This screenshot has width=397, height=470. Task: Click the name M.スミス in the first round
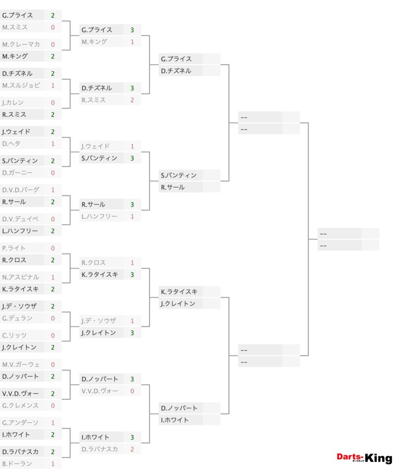pos(15,27)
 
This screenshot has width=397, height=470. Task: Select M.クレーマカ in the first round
pos(21,45)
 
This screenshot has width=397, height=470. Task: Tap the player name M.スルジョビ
pos(21,85)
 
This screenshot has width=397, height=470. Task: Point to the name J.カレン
pos(12,102)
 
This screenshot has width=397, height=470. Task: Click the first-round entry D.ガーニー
pos(17,173)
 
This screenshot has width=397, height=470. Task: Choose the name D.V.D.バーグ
pos(21,190)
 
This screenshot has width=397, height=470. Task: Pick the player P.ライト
pos(14,248)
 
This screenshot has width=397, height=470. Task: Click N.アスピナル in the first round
pos(20,277)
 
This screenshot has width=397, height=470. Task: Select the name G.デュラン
pos(17,319)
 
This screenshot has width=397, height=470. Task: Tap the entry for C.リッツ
pos(14,336)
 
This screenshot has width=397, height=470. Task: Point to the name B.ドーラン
pos(17,464)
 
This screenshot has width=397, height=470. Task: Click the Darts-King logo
pos(364,458)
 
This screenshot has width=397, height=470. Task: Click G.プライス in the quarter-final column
pos(176,59)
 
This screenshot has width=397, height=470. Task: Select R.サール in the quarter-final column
pos(173,187)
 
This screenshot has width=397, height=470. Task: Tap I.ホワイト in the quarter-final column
pos(175,420)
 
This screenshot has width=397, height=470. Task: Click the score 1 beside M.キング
pos(132,42)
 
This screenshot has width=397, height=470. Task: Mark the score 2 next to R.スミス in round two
pos(132,100)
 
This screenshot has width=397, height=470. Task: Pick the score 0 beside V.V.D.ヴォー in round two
pos(132,391)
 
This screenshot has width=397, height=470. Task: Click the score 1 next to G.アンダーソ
pos(53,423)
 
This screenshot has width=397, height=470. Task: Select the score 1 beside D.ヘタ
pos(53,144)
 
